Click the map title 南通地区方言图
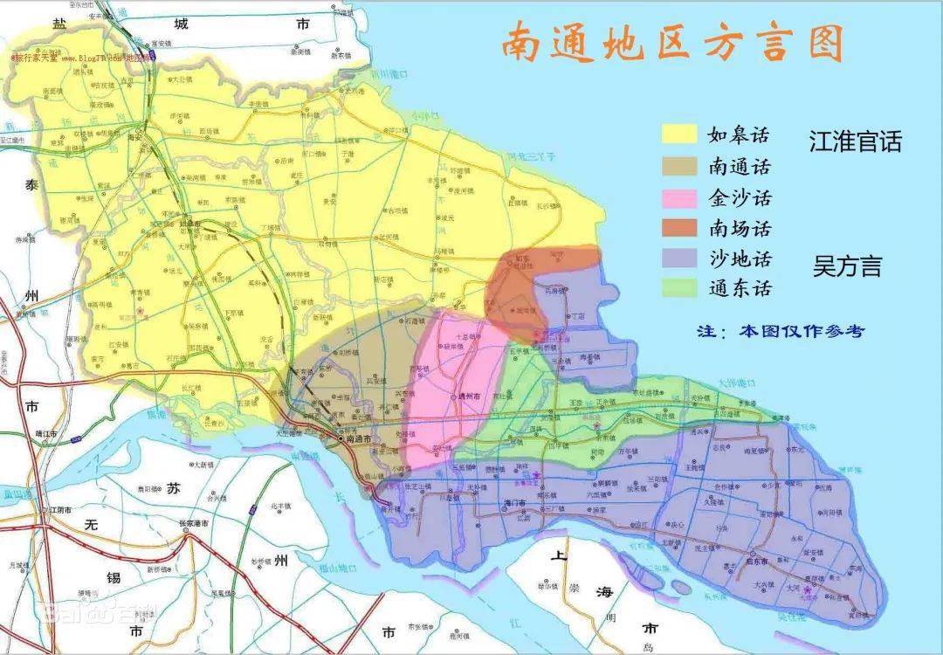click(x=671, y=42)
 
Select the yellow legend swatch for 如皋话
click(x=678, y=134)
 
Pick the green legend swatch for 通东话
click(x=678, y=287)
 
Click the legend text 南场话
click(x=740, y=228)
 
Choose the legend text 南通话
click(x=740, y=165)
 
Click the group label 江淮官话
click(x=855, y=142)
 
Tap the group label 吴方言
click(x=847, y=266)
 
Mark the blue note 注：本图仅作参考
click(x=780, y=331)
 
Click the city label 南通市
click(x=359, y=438)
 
